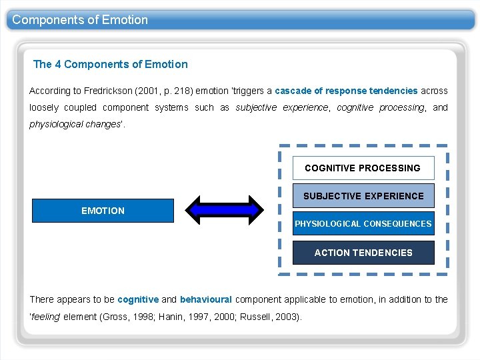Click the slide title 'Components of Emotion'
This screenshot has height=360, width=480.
(x=80, y=20)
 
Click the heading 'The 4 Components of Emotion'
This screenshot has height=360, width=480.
(x=111, y=65)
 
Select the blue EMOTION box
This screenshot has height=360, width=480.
(x=103, y=211)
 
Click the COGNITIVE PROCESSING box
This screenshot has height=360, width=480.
(x=363, y=168)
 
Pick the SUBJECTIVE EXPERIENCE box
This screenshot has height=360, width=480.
(x=363, y=196)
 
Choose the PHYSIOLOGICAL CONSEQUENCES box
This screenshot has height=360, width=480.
(x=363, y=224)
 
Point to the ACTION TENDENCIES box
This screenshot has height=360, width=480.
(x=363, y=253)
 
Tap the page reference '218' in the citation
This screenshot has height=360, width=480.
(x=181, y=91)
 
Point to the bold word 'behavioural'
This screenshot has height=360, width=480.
(x=205, y=300)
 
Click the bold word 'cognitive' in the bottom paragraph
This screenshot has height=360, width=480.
(x=138, y=300)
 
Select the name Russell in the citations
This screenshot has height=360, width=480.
(x=256, y=317)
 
